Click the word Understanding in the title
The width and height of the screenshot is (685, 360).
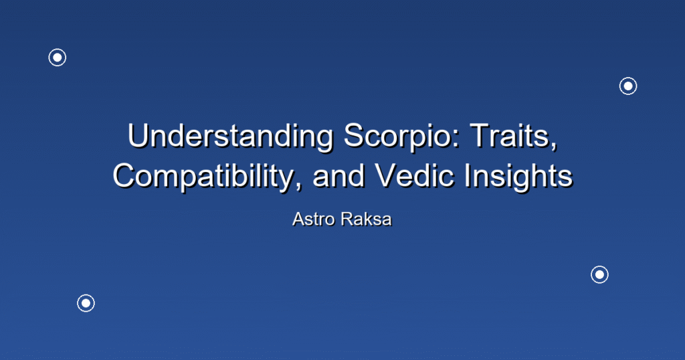(230, 136)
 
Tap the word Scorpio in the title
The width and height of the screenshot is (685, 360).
(402, 136)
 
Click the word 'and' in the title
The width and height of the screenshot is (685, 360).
(338, 176)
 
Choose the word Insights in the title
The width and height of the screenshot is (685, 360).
(518, 176)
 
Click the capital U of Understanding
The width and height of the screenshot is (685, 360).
(138, 136)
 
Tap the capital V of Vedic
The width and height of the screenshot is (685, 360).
(386, 176)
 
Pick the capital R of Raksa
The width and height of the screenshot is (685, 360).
(347, 219)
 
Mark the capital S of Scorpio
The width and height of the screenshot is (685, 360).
(353, 136)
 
